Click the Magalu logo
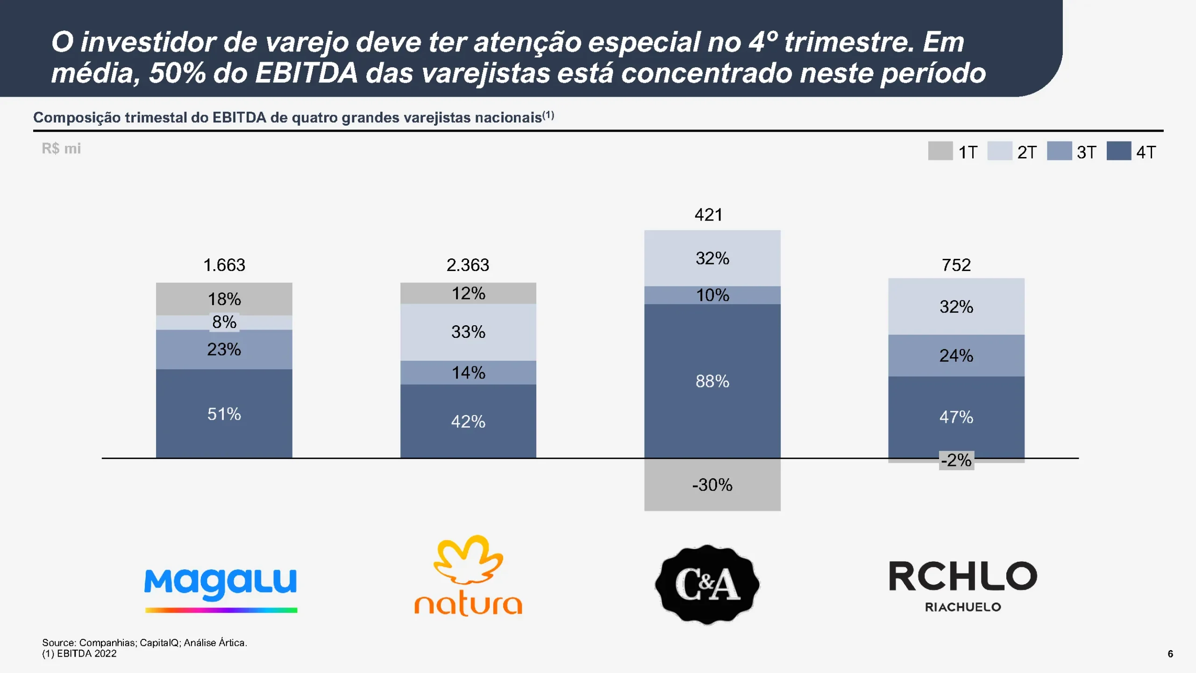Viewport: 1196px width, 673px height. click(221, 589)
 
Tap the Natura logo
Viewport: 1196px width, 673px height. click(468, 576)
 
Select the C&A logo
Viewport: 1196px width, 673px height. click(707, 584)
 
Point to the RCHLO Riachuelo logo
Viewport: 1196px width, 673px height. click(963, 586)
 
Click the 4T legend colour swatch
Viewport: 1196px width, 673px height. click(1118, 151)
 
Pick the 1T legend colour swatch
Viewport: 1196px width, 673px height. click(940, 151)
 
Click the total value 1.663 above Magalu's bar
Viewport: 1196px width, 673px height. click(224, 265)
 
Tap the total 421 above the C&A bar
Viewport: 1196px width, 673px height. click(708, 215)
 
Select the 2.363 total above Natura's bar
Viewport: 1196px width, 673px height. click(468, 265)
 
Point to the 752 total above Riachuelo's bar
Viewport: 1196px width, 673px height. click(956, 265)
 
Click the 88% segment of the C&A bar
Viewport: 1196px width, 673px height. click(712, 381)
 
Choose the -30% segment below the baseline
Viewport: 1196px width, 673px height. click(712, 485)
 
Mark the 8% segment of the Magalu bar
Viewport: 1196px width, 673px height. click(224, 322)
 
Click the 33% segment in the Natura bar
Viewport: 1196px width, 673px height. click(468, 332)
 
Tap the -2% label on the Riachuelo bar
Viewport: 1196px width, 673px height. click(956, 460)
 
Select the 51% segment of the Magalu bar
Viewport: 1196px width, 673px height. click(224, 414)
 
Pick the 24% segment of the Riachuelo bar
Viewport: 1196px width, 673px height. click(956, 356)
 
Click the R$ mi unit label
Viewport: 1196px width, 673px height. click(61, 149)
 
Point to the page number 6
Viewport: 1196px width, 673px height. click(1170, 654)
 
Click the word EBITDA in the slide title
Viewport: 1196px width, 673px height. click(306, 73)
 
